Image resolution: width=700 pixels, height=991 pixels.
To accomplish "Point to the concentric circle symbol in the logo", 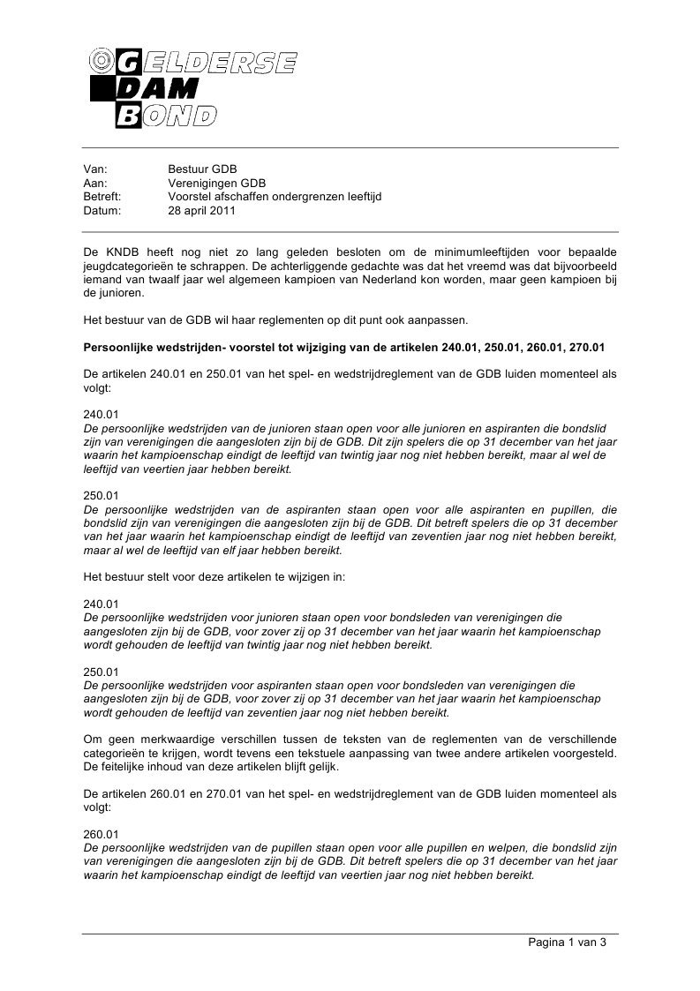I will [x=102, y=61].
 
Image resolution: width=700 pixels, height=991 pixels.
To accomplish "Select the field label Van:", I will [x=94, y=169].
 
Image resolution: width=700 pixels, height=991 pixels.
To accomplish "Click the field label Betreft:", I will [x=102, y=197].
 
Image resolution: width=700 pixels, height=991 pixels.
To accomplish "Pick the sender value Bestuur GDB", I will [x=202, y=169].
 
